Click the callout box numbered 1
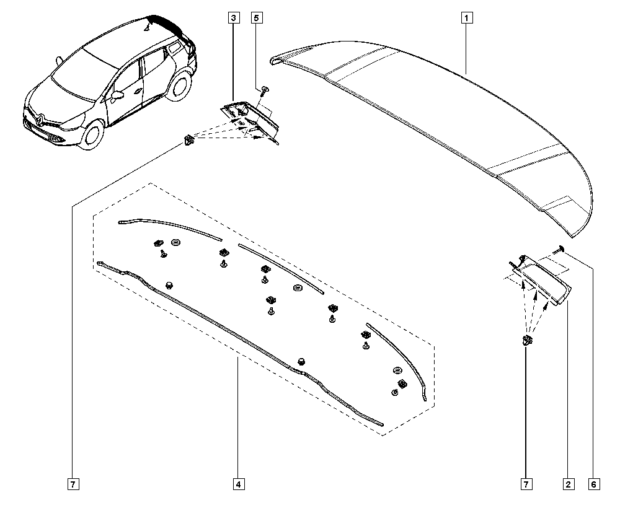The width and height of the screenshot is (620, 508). (467, 18)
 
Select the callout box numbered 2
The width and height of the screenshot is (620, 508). (568, 484)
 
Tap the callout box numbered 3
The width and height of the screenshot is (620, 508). (233, 18)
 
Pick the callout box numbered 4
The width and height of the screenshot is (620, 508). (239, 484)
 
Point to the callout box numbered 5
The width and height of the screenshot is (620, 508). (257, 18)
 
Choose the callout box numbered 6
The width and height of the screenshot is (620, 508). (593, 484)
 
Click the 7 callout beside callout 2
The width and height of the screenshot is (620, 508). (526, 484)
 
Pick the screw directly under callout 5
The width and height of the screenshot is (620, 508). (265, 91)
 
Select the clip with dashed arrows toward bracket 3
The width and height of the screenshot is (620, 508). (189, 139)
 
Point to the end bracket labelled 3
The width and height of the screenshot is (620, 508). (249, 121)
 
